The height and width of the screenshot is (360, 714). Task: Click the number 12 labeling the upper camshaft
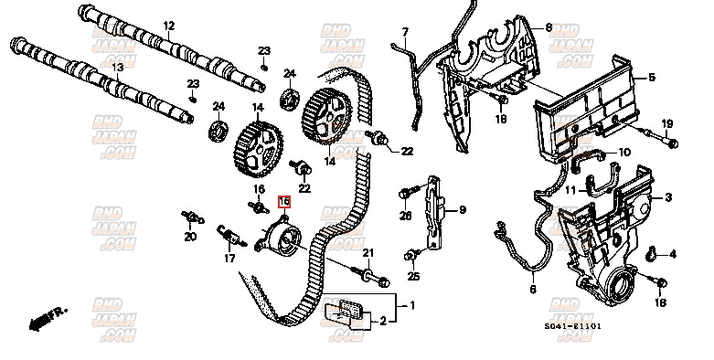click(167, 26)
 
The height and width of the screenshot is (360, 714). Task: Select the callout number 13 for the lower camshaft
click(116, 69)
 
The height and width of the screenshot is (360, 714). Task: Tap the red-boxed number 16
click(284, 201)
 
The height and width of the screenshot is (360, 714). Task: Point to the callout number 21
click(369, 253)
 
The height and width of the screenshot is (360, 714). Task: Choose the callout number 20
click(190, 238)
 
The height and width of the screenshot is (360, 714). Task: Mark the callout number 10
click(624, 152)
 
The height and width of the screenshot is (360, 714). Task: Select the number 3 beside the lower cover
click(668, 197)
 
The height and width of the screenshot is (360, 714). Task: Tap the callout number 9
click(463, 210)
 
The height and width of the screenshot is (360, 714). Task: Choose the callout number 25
click(413, 277)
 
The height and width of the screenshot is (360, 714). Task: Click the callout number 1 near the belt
click(412, 305)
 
